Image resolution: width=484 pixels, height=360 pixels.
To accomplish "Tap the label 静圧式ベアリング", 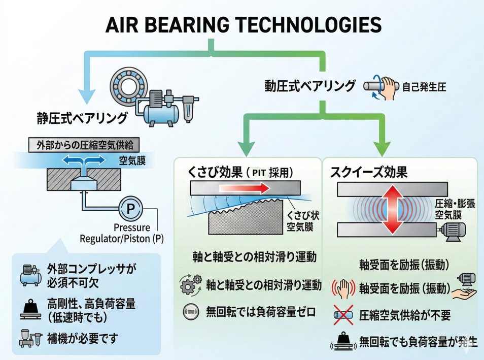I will pos(82,118).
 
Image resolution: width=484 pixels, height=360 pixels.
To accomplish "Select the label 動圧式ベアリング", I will pos(310,85).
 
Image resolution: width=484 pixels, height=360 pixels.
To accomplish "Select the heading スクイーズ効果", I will pos(369,172).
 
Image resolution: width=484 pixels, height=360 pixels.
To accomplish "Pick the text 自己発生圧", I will pos(424,87).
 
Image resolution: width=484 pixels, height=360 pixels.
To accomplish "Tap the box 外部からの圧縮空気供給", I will pos(85,144).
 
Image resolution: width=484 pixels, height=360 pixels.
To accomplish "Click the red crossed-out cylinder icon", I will pos(343,315).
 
